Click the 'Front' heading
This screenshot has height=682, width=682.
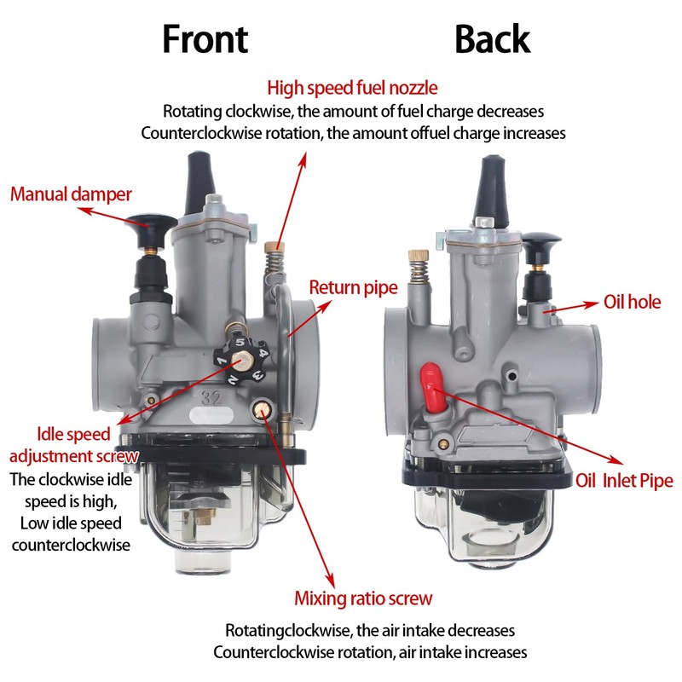coord(205,39)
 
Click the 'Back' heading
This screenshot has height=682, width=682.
coord(493,39)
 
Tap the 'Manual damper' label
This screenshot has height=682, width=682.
coord(71,194)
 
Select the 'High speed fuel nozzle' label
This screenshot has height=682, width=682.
coord(352,88)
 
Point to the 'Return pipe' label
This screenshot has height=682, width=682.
coord(353,288)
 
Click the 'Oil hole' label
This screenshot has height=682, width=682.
coord(632,302)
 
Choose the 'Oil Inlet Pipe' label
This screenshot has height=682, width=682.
coord(624,481)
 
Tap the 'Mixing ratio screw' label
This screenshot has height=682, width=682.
coord(363,598)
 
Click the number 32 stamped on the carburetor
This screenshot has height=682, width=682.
coord(211,397)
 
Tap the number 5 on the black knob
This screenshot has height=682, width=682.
coord(240,342)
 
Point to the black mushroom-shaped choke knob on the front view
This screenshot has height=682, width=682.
coord(150,230)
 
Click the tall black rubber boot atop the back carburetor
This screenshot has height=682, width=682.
coord(491,190)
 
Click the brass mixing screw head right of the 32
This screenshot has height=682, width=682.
coord(263,409)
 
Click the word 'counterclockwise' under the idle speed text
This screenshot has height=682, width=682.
coord(71,546)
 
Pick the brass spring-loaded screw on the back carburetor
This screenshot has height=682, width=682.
coord(419,267)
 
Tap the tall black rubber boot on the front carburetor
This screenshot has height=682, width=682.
coord(199,182)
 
